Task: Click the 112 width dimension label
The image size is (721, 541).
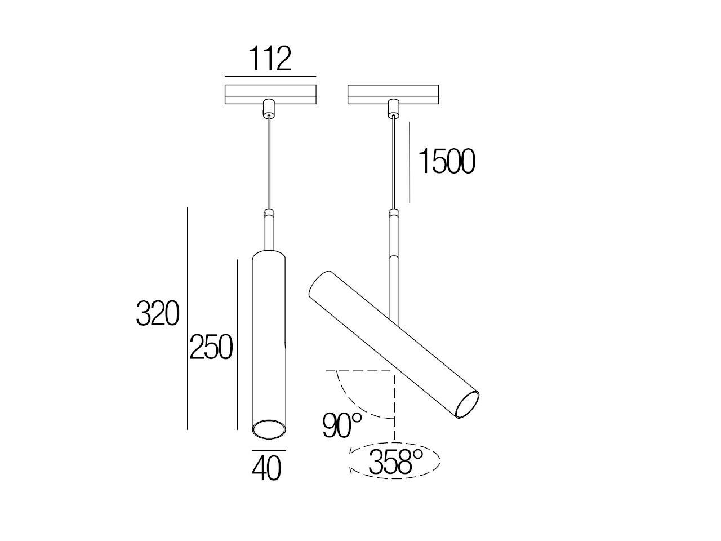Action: point(270,59)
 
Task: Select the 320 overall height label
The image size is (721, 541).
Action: point(157,314)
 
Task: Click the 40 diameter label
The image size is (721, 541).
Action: point(267,468)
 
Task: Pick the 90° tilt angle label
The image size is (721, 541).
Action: point(342,425)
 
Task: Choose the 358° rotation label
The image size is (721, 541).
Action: point(395,463)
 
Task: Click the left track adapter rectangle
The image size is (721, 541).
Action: point(270,94)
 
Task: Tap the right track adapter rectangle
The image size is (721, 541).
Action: point(393,94)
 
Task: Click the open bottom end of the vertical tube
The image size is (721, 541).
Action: point(268,429)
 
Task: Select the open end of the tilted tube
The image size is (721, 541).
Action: point(468,404)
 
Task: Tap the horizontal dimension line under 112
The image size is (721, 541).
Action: point(270,76)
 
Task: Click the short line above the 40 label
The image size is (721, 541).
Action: point(269,451)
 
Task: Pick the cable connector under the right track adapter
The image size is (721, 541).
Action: point(392,109)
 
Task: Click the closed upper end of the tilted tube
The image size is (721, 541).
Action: point(320,285)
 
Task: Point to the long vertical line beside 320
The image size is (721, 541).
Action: point(187,318)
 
